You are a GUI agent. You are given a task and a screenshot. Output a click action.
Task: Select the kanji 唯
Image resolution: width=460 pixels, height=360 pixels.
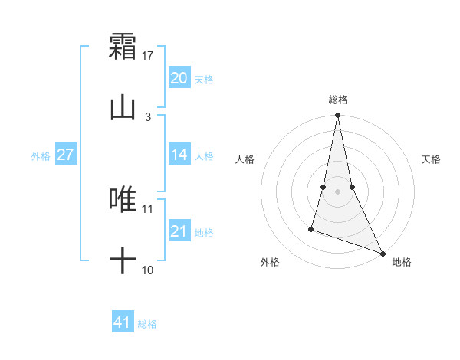point(123,199)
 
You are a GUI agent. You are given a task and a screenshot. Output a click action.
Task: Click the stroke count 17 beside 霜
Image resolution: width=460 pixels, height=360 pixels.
point(148,56)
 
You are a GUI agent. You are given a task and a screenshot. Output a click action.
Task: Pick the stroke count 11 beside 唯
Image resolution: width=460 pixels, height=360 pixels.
point(148,208)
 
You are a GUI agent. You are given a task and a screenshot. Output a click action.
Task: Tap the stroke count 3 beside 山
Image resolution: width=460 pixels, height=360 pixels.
point(148,117)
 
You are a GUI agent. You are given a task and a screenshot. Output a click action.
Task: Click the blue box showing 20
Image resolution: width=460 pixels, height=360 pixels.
point(179,78)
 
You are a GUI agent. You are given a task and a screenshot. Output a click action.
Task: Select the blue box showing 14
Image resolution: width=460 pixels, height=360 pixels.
point(179,155)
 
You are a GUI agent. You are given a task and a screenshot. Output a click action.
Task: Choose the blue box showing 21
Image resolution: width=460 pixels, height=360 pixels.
point(179,231)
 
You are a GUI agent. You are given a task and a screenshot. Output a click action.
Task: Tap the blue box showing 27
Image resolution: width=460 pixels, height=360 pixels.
point(65,155)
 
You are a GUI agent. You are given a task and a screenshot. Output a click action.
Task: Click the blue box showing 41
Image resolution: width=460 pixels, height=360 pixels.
point(123,322)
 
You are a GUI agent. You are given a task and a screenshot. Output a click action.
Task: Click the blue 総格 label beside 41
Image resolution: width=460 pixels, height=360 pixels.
point(147,324)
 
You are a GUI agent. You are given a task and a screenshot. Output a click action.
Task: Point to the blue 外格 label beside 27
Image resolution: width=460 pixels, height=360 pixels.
point(41,156)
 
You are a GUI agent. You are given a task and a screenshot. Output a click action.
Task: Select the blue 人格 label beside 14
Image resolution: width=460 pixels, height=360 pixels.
point(204,156)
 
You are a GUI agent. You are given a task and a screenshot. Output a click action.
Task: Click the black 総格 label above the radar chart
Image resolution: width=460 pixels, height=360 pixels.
point(338,100)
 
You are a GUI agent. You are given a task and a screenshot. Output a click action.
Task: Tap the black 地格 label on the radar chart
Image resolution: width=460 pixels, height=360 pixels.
point(402,263)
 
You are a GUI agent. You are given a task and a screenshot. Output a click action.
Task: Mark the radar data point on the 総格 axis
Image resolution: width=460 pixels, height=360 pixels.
point(337,116)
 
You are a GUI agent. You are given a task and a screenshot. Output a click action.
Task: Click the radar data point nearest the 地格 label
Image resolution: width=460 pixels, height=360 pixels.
point(383,253)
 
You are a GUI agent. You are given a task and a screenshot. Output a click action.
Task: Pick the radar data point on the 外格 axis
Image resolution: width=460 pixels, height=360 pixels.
point(311,228)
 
